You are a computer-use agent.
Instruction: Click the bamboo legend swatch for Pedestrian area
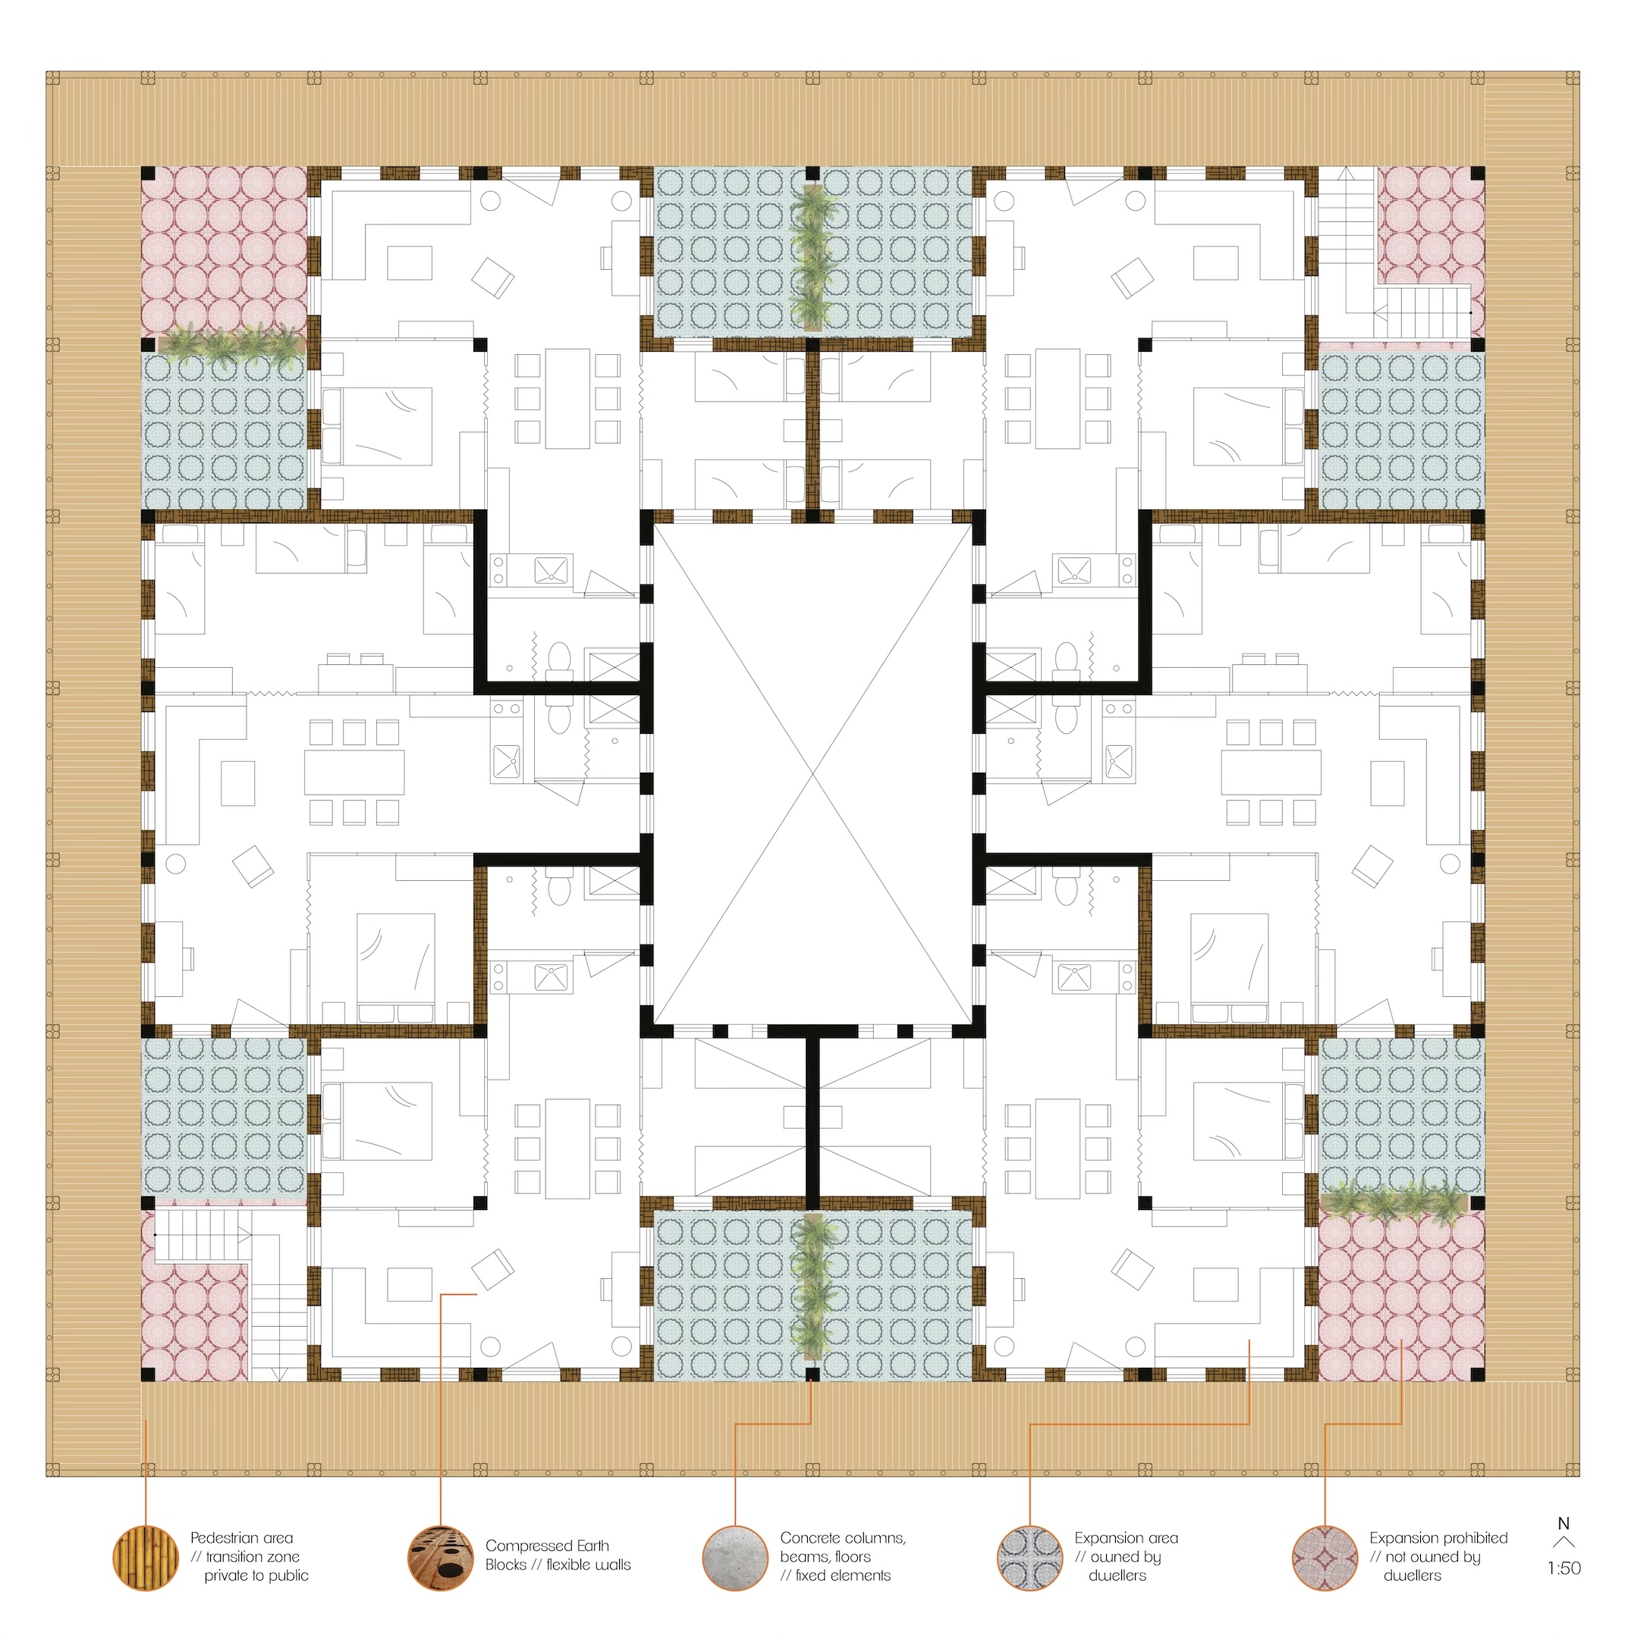pos(146,1559)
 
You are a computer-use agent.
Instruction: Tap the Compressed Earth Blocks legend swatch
pos(441,1559)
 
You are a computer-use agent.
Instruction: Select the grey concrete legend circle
pos(736,1559)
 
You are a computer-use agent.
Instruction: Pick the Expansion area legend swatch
pos(1030,1559)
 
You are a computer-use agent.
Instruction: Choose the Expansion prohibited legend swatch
pos(1325,1559)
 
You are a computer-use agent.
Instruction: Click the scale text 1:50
pos(1564,1569)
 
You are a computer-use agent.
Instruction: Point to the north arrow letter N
pos(1564,1523)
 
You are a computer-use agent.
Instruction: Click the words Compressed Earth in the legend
pos(547,1546)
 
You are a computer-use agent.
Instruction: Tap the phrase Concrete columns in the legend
pos(843,1538)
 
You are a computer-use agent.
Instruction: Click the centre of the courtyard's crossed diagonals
pos(813,773)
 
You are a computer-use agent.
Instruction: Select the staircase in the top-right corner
pos(1395,253)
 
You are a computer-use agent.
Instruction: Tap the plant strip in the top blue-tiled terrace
pos(812,256)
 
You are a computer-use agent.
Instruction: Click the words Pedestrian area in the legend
pos(241,1538)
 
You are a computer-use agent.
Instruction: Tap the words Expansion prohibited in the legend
pos(1438,1538)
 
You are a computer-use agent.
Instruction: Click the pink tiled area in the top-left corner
pos(224,250)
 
